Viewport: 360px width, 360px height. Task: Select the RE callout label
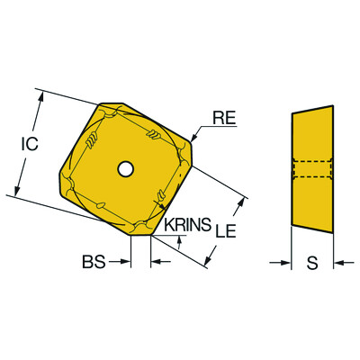pos(225,115)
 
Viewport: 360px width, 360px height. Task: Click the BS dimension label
pos(94,262)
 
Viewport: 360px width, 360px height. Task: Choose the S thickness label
pos(311,263)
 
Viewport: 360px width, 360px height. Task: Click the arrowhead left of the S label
pos(286,263)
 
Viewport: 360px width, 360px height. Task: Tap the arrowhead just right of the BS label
pos(154,262)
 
